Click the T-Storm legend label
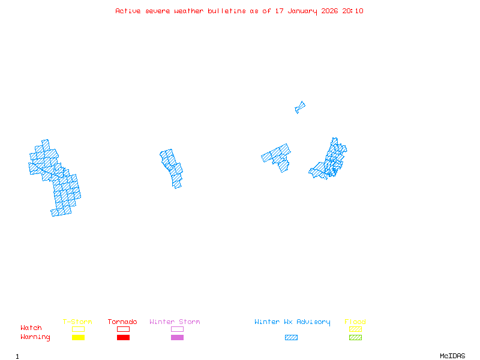point(77,322)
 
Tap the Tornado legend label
point(122,322)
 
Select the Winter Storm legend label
point(175,322)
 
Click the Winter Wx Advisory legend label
point(292,322)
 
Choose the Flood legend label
point(355,322)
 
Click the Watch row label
point(31,328)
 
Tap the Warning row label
point(35,337)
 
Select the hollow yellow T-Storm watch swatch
point(78,329)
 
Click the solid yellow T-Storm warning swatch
point(78,338)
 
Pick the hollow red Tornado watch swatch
point(123,329)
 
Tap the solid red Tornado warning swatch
point(123,338)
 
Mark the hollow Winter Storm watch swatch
point(177,329)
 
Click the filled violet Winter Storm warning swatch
point(177,338)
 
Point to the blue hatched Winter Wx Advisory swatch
point(291,338)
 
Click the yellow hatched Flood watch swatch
point(355,329)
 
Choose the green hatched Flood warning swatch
point(355,338)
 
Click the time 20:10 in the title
point(353,11)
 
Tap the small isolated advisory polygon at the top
point(300,107)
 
